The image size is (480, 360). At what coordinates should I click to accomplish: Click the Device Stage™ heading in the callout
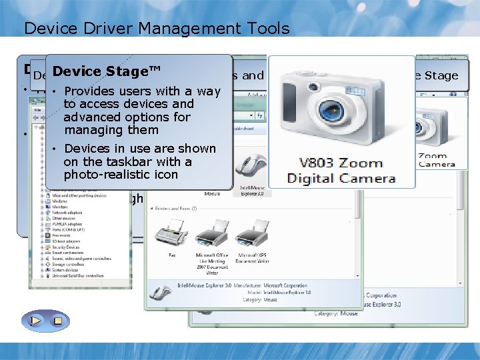[x=97, y=71]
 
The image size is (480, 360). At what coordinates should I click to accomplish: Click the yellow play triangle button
[x=35, y=321]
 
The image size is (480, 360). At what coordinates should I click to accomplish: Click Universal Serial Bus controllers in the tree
[x=70, y=276]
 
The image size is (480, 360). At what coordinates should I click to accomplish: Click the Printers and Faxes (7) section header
[x=176, y=209]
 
